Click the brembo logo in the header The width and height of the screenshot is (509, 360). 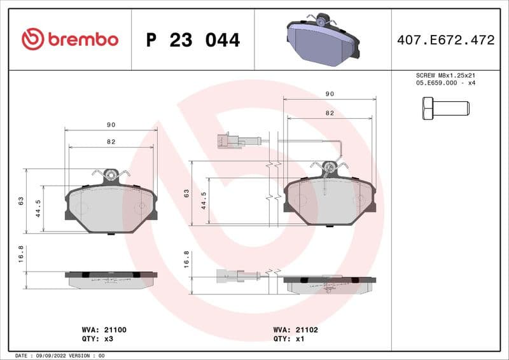69,39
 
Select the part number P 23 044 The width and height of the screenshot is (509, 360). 193,40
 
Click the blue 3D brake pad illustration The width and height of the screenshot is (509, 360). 323,39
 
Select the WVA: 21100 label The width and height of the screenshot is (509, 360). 104,330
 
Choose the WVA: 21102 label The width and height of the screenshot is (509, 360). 295,330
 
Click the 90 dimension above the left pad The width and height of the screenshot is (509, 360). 111,125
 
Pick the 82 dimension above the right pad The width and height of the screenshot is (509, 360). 329,112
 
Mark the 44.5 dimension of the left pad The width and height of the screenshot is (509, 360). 38,208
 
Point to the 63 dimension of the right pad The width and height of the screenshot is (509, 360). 186,192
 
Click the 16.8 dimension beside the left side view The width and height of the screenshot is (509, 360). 21,254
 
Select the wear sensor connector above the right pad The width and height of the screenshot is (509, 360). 230,140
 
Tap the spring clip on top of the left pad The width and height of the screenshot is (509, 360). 111,174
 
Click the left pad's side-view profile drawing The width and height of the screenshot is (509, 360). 111,279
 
